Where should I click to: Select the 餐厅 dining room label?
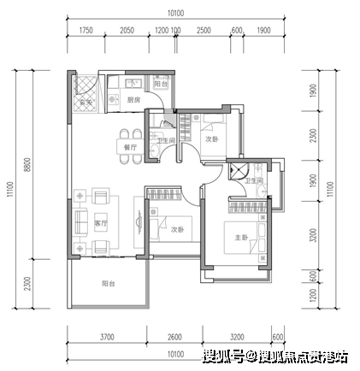[x=130, y=147]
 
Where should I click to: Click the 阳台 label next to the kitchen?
[x=161, y=84]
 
